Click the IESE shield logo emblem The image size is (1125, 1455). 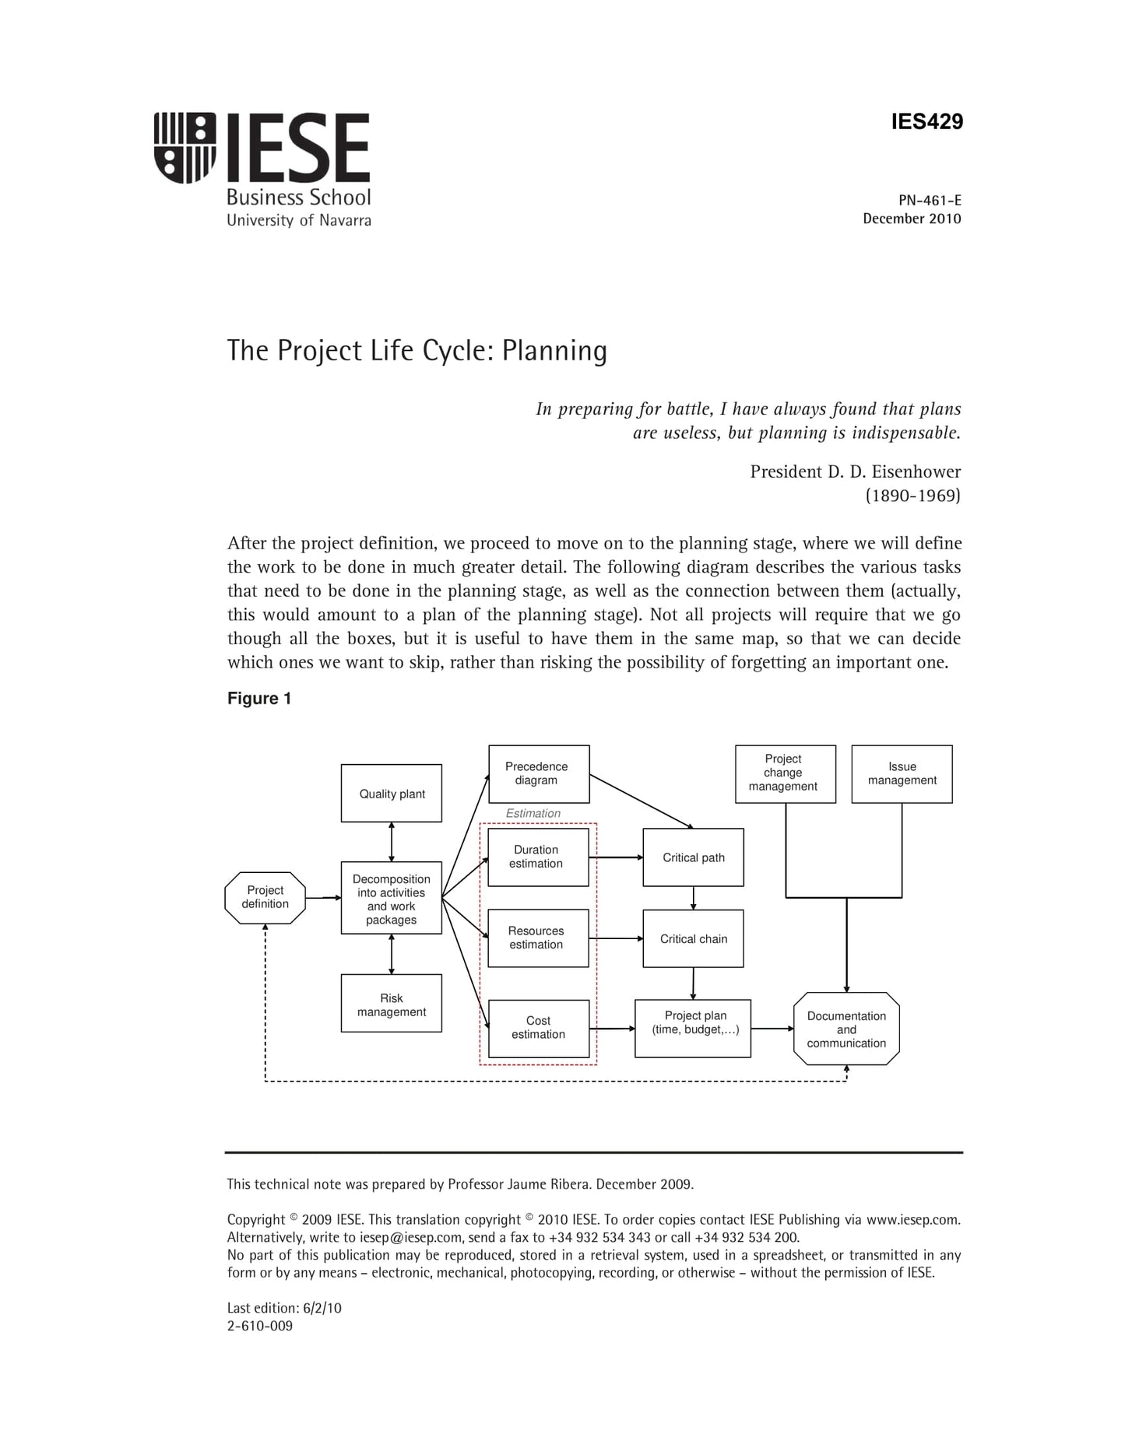pos(185,147)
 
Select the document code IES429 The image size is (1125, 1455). pos(926,121)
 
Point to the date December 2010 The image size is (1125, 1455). pos(912,219)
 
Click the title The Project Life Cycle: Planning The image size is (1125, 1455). pos(417,351)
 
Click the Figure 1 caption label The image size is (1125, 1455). pos(259,698)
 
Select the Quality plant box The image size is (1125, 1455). pos(392,794)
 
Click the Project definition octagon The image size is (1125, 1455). pos(265,897)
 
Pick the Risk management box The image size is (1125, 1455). pos(392,1004)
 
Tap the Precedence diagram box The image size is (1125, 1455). pos(538,773)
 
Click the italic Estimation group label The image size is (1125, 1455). pos(533,813)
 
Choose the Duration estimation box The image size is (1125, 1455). pos(538,857)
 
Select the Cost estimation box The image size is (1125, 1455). pos(538,1028)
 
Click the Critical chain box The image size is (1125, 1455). pos(693,938)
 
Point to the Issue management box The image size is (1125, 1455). pos(902,773)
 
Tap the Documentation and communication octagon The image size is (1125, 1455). pos(846,1029)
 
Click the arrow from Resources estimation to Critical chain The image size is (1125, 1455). pos(616,938)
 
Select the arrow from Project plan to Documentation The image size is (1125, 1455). pos(772,1029)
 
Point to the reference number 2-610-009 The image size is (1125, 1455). pos(260,1326)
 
